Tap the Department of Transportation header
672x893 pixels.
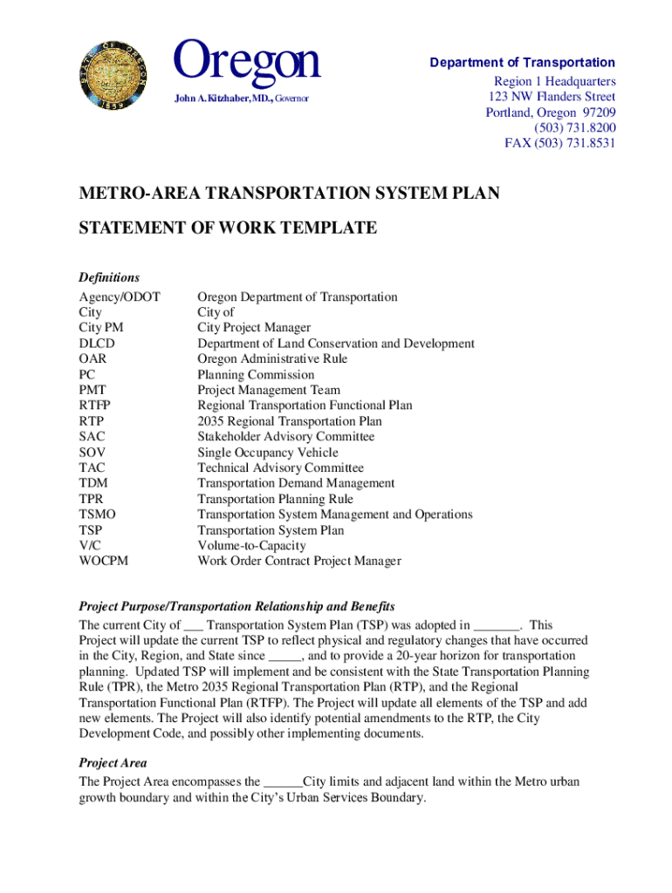point(522,63)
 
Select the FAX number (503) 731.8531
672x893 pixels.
point(559,144)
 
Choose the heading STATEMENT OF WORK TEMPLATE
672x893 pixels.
point(228,228)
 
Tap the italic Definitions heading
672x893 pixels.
point(109,277)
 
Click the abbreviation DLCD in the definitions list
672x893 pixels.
point(97,344)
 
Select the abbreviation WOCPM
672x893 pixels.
point(103,561)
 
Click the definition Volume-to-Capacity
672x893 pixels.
point(251,545)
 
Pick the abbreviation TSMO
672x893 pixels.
point(97,515)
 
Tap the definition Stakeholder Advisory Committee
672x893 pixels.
point(285,437)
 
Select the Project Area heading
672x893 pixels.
point(113,763)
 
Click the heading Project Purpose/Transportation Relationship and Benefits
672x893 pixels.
point(237,606)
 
